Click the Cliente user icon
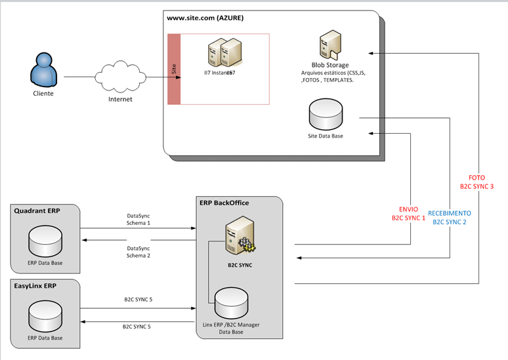[x=43, y=69]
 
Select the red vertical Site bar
[x=174, y=69]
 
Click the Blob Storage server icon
[x=329, y=48]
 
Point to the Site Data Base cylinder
[x=326, y=115]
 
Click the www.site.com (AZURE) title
[x=205, y=18]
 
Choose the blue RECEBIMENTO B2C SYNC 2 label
[x=450, y=217]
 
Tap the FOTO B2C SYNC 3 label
[x=476, y=182]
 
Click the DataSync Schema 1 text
[x=138, y=219]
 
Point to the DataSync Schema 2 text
[x=138, y=252]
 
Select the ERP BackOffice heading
[x=224, y=203]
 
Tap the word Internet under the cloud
[x=120, y=99]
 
